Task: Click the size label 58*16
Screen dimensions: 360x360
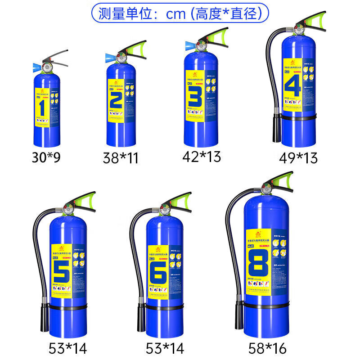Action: pos(267,347)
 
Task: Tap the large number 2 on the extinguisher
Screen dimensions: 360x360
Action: pos(116,100)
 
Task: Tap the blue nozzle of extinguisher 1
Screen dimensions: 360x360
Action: pos(36,68)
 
